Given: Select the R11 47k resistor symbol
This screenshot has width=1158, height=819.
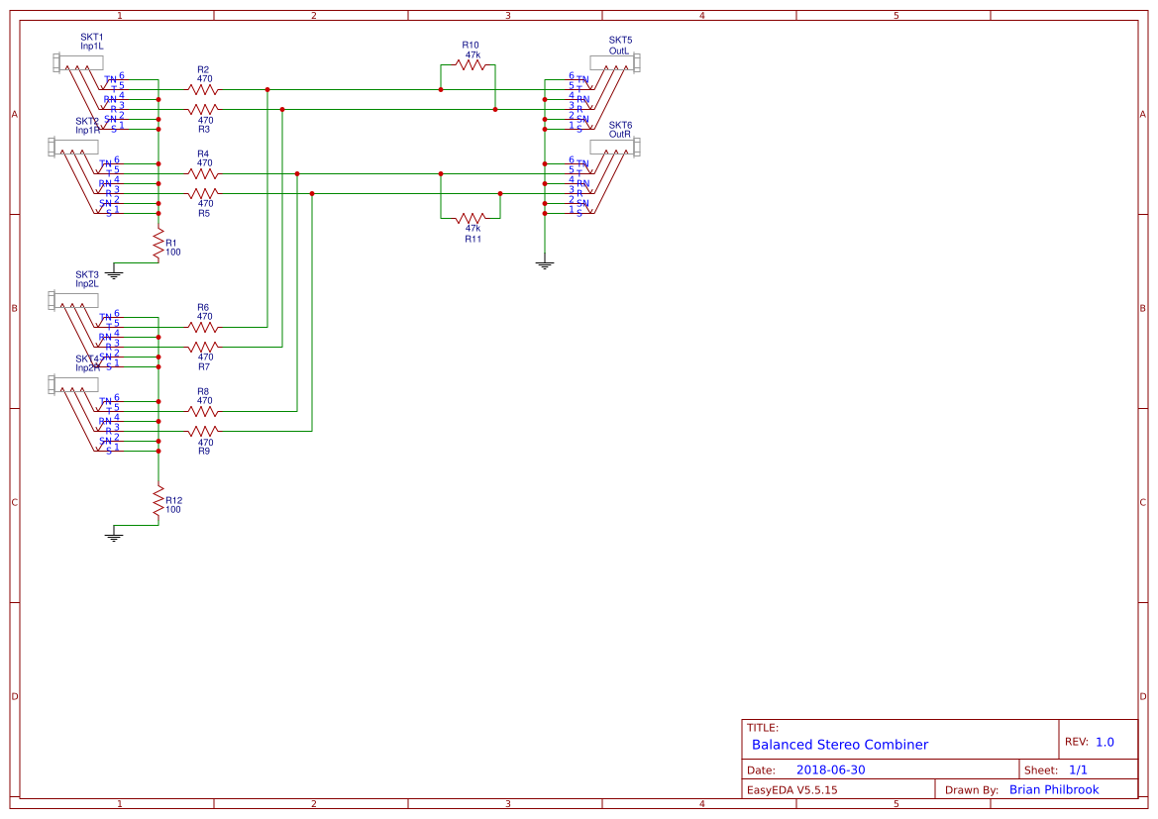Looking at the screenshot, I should (x=471, y=217).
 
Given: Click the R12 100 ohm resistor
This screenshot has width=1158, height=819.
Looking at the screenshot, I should (x=158, y=504).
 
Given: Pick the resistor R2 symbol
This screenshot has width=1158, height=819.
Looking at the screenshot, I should (x=203, y=89).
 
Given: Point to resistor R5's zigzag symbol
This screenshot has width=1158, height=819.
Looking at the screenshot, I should (x=203, y=193).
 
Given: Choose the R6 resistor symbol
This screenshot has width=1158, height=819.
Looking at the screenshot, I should (x=203, y=327).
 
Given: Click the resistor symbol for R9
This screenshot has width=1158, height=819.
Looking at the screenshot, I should (x=203, y=431).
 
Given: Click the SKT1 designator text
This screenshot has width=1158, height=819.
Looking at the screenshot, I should (x=91, y=37).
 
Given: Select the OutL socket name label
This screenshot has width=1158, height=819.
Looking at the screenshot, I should (x=619, y=51).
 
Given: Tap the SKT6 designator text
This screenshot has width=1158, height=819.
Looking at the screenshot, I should (x=620, y=126).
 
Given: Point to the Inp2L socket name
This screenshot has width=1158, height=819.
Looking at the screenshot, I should (x=87, y=284).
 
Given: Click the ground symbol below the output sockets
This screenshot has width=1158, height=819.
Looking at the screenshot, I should (x=544, y=264).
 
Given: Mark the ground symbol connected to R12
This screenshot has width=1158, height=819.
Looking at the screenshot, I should (x=114, y=536).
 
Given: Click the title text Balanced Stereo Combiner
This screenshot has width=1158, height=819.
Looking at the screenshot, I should (x=839, y=745).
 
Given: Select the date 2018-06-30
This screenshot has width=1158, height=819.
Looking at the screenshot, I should (x=830, y=770).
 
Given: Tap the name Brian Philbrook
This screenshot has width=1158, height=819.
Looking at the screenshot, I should (x=1054, y=790).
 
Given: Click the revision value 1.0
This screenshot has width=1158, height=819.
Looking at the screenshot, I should (x=1105, y=742).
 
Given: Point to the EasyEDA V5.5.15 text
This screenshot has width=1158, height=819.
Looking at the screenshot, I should (x=791, y=790).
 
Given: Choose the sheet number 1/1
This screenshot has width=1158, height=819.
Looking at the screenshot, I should (x=1078, y=770).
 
